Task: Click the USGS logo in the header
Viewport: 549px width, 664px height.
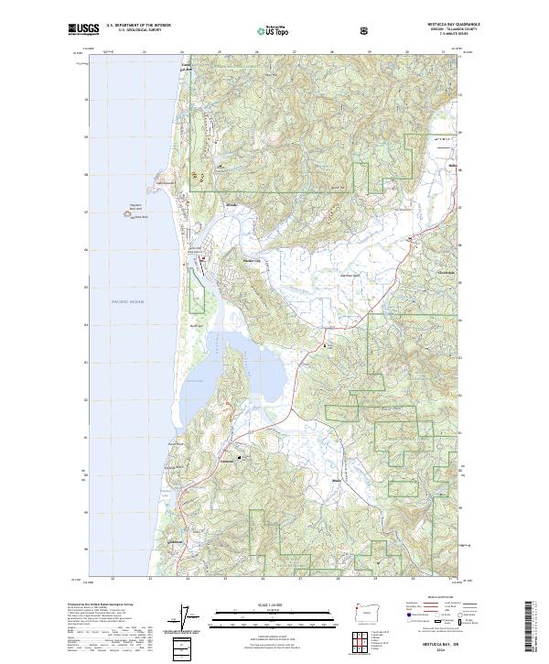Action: point(83,29)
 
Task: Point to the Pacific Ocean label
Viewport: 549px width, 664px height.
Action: point(129,301)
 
